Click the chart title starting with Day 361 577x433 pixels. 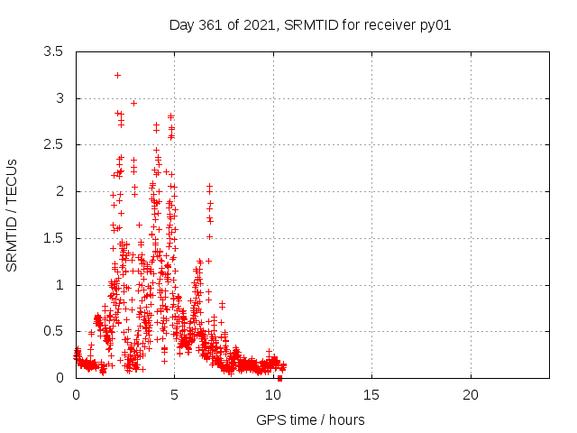(310, 24)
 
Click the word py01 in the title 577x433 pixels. (436, 24)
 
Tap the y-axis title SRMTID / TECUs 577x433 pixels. (13, 215)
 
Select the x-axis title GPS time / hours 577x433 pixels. (310, 419)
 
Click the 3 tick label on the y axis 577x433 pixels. (60, 98)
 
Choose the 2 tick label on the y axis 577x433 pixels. (60, 191)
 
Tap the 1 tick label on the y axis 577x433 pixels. (60, 285)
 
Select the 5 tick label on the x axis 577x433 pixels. (175, 395)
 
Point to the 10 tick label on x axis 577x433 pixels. (273, 395)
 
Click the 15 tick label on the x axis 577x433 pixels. (372, 395)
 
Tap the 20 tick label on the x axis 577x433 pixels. (471, 395)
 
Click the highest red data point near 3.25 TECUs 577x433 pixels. (118, 75)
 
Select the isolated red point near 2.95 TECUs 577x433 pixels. (133, 103)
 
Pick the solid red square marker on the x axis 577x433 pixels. (279, 378)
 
